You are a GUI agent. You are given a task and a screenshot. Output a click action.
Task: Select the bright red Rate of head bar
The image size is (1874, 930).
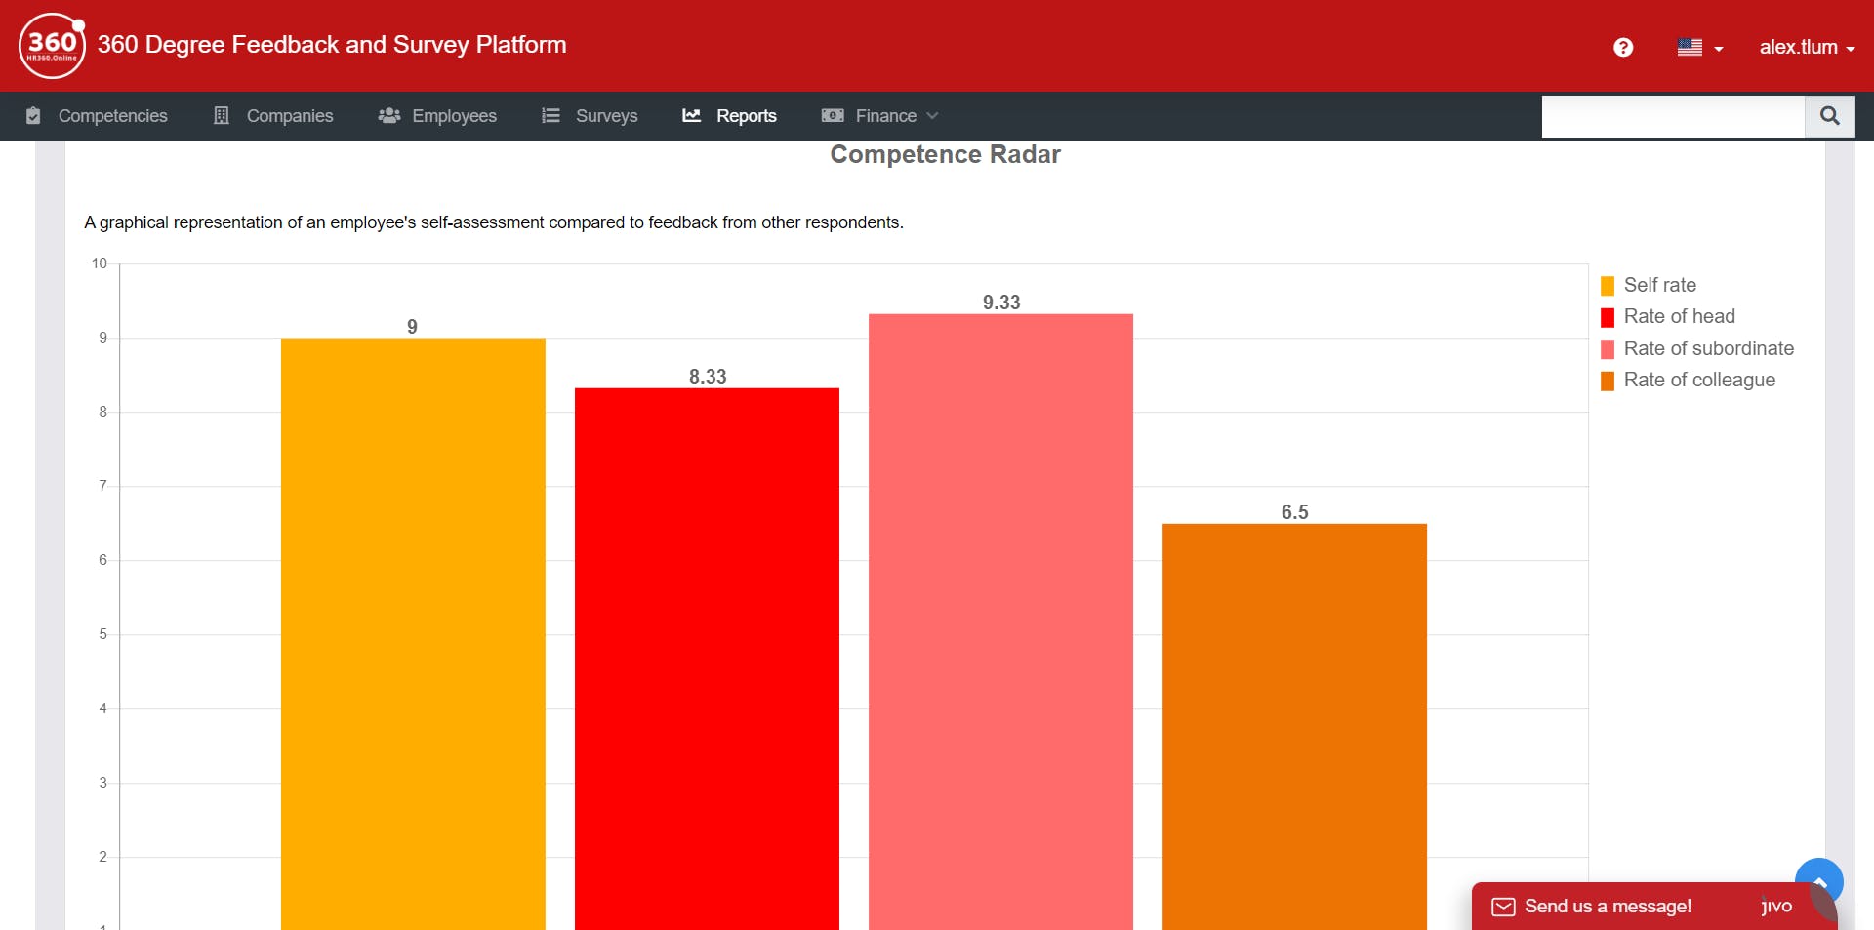point(707,654)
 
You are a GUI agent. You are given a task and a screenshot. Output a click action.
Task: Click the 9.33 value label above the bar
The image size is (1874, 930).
point(1001,303)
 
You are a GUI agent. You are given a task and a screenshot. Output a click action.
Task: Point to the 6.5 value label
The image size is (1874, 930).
point(1294,512)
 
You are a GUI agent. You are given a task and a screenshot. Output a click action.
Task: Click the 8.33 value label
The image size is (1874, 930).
point(708,377)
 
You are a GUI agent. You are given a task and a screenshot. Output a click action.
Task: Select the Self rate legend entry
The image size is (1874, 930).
point(1659,285)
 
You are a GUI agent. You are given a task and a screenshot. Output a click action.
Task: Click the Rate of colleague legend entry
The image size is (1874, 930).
point(1698,380)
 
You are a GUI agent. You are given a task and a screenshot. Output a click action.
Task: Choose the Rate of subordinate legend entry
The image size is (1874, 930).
point(1708,348)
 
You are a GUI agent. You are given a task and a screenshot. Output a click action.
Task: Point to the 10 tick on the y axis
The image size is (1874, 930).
point(100,263)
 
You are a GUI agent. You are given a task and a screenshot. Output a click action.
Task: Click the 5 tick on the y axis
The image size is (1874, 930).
point(102,634)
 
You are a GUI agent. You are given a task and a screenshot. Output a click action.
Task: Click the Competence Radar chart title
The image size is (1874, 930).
point(945,154)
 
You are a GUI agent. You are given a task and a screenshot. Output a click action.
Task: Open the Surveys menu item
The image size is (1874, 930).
point(591,116)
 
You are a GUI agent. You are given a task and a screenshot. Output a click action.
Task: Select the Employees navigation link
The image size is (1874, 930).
point(438,116)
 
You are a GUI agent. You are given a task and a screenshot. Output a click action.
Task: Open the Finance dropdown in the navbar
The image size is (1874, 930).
point(880,116)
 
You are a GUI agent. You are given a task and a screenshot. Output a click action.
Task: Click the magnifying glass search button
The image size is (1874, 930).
point(1829,116)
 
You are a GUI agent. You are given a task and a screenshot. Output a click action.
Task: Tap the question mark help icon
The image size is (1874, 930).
point(1623,47)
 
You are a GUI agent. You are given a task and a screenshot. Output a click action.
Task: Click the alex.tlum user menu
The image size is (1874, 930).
point(1806,47)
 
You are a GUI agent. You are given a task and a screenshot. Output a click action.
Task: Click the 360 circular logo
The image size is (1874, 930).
point(52,45)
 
